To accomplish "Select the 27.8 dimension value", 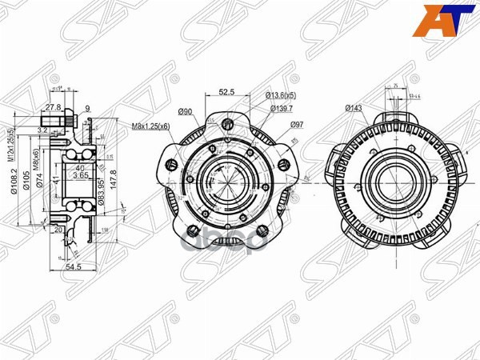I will (x=53, y=107).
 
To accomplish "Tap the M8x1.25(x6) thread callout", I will (x=151, y=126).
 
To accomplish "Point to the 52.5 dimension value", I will (x=226, y=91).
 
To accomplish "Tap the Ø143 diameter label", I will (x=354, y=107).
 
